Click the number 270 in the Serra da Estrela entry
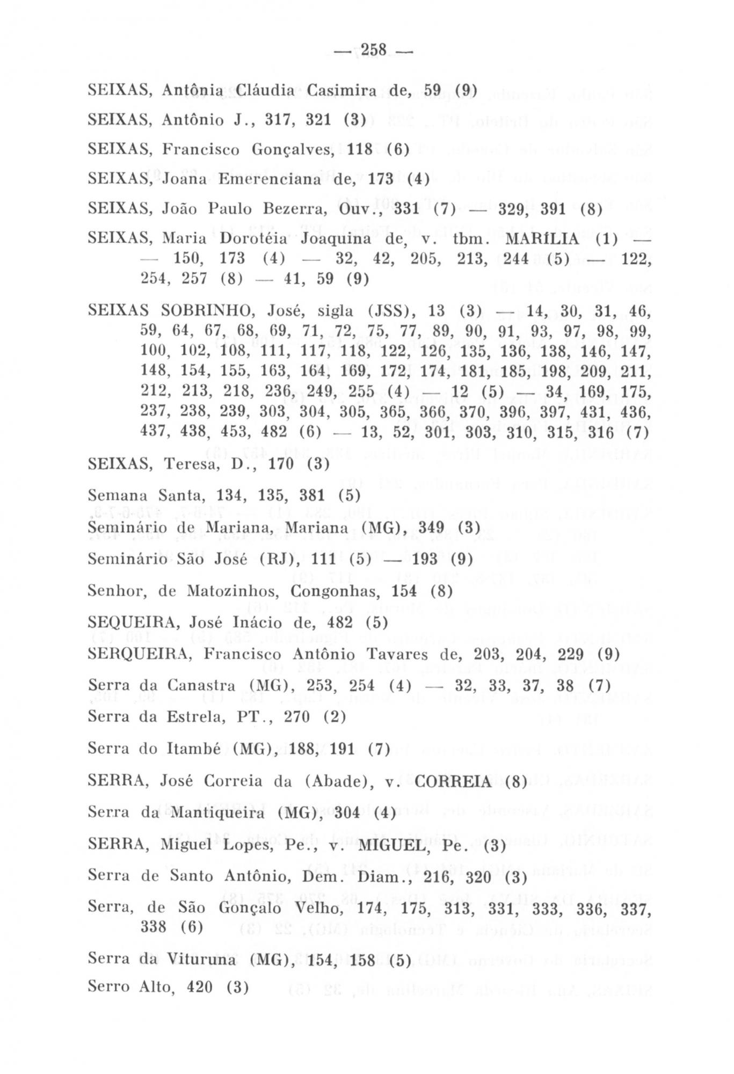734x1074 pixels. pos(296,717)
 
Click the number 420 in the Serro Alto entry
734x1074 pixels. pos(201,986)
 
